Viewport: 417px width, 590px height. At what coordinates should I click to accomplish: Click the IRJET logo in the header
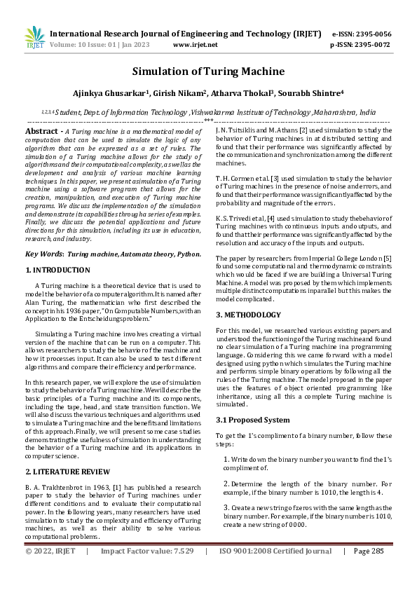[x=34, y=38]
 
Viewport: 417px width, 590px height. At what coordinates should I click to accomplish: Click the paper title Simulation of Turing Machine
[x=208, y=71]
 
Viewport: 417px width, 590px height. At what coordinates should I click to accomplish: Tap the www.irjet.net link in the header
[x=194, y=45]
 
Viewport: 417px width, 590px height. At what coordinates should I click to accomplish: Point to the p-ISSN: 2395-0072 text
[x=360, y=45]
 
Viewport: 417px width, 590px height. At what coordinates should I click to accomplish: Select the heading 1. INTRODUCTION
[x=57, y=270]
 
